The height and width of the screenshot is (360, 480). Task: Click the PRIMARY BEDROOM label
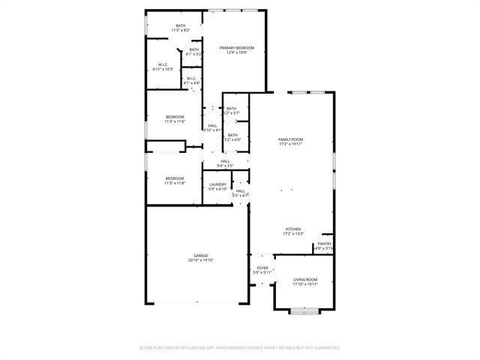236,48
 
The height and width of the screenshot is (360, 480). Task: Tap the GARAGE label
201,256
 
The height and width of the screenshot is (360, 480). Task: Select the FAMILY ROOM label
290,139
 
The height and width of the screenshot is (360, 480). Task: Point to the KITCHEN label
292,229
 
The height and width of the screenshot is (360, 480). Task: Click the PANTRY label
324,244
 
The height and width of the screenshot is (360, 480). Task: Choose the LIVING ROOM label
305,279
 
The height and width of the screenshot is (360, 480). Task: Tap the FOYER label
262,268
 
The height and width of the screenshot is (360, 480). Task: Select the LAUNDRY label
218,184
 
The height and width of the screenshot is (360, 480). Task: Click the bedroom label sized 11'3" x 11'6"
175,117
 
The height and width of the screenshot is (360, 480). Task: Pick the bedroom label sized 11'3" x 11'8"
175,178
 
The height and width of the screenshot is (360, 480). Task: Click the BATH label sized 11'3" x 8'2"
181,26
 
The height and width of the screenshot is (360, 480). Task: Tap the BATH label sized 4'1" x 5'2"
194,49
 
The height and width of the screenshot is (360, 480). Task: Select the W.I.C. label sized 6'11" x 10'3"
163,64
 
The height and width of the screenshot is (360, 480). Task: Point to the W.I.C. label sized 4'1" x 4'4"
191,78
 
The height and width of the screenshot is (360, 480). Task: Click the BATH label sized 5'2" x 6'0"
232,135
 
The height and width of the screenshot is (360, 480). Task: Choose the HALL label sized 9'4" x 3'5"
225,161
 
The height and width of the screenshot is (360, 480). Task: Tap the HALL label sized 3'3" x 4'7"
240,191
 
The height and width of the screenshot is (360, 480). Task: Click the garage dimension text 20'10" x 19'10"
201,260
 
